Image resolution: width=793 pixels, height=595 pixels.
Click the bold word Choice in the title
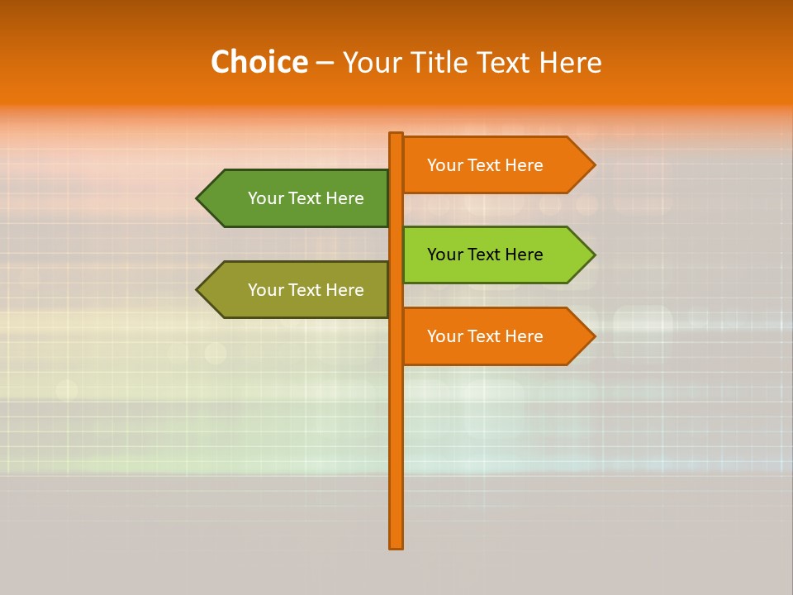[259, 63]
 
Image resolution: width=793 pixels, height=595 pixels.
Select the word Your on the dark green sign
[266, 198]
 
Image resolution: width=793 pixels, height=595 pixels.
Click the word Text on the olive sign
[306, 290]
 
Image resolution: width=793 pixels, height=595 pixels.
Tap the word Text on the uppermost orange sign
[485, 165]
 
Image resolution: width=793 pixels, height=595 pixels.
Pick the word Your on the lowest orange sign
[445, 336]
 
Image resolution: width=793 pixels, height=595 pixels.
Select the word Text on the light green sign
[485, 255]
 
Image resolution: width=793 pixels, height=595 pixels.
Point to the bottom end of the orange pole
[396, 545]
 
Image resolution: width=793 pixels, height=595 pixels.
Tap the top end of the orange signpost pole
[396, 136]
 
